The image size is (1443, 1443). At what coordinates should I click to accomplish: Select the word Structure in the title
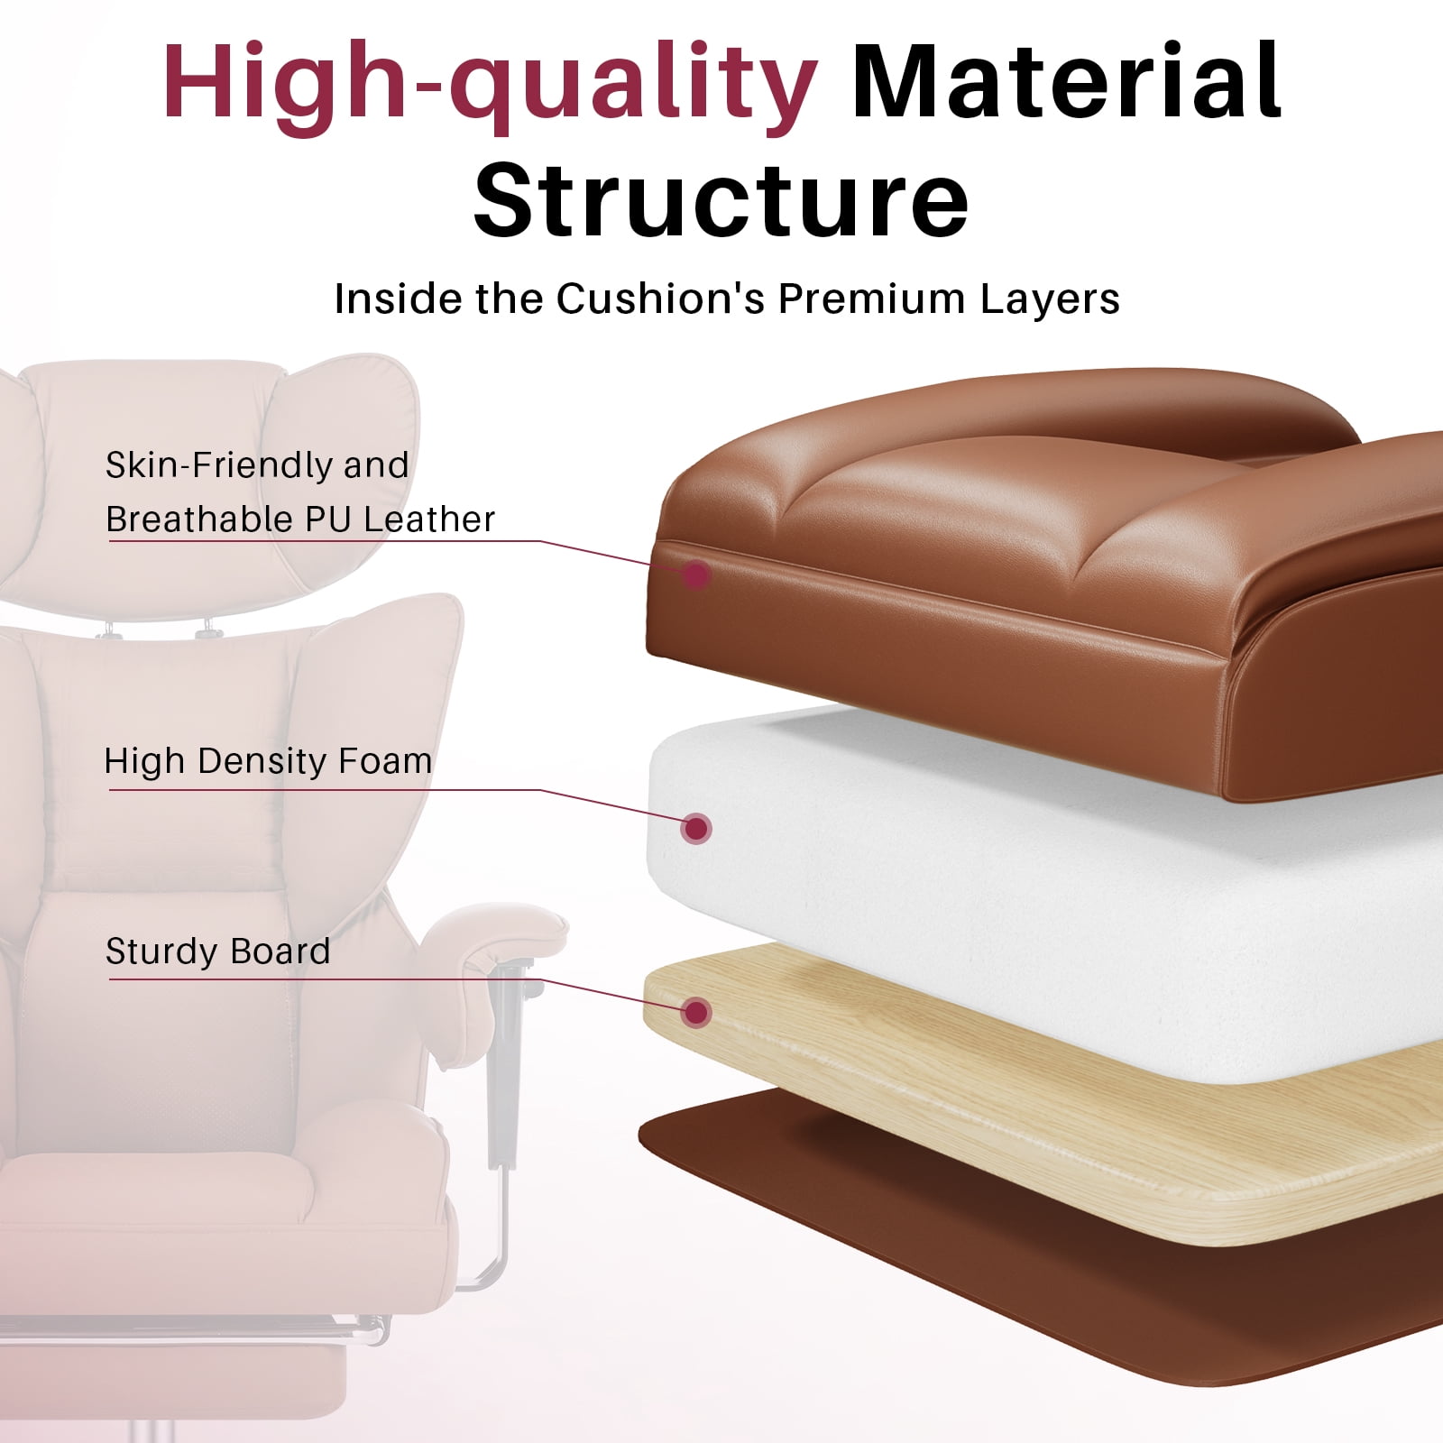click(721, 200)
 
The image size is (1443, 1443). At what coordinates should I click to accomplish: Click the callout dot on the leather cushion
click(695, 574)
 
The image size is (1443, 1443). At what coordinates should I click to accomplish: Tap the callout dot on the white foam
click(696, 828)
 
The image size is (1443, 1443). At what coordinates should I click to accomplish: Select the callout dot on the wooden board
click(696, 1013)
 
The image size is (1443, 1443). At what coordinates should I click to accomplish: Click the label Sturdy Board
click(218, 951)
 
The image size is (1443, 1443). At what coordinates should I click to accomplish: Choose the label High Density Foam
click(269, 761)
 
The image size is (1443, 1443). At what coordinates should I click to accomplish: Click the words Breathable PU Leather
click(300, 519)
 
